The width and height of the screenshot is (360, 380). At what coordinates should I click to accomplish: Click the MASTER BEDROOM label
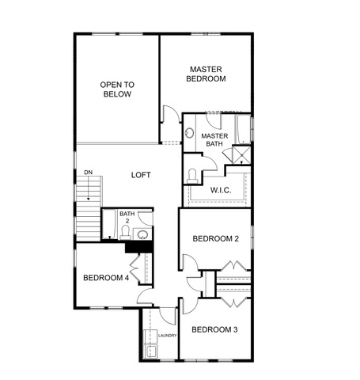coord(206,74)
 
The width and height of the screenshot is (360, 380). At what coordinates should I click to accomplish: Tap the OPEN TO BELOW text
coord(117,89)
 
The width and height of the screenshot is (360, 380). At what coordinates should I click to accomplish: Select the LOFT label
coord(141,175)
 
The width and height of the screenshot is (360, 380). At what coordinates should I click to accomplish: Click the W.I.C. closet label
coord(221,190)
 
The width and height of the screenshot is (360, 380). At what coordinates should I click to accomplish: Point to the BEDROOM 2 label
coord(216,239)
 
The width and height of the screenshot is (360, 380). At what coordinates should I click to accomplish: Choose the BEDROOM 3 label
coord(214,329)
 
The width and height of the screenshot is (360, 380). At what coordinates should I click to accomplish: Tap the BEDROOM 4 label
coord(106,278)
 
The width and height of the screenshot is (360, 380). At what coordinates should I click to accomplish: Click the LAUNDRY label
coord(167,336)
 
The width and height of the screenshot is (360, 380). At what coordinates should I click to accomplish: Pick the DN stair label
coord(89,173)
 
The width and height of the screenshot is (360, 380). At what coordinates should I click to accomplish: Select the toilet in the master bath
coord(192,176)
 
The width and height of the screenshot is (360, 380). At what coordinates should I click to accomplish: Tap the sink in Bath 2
coord(142,234)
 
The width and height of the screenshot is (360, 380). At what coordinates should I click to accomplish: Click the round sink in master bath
coord(189,133)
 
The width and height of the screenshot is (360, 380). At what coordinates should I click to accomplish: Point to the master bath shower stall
coord(241,154)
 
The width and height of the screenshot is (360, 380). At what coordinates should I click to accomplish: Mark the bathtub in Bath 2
coord(109,225)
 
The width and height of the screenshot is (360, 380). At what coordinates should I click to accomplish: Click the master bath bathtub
coord(244,129)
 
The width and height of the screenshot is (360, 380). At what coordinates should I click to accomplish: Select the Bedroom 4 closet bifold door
coord(135,268)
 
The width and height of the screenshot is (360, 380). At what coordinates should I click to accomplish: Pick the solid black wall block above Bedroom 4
coord(139,248)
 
